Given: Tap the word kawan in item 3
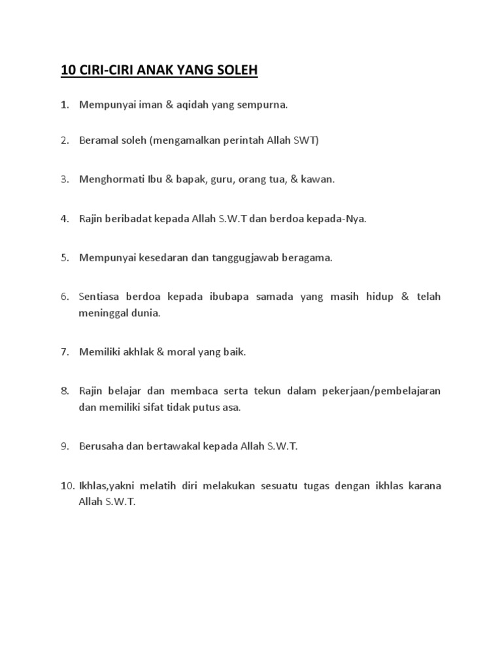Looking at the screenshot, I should tap(318, 179).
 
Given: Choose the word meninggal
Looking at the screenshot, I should tap(103, 312).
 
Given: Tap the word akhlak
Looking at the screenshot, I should tap(142, 351).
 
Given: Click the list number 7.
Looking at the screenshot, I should tap(65, 351).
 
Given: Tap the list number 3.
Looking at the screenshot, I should tap(65, 179).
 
